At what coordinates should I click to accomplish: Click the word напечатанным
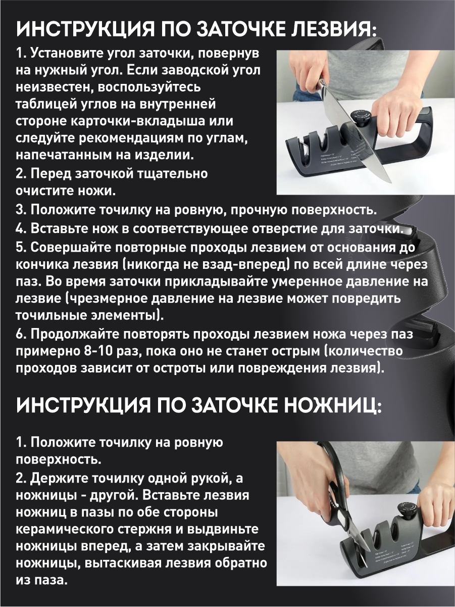(66, 155)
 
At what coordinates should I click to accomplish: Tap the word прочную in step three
(257, 210)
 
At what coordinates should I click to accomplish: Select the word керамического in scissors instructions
(65, 529)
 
